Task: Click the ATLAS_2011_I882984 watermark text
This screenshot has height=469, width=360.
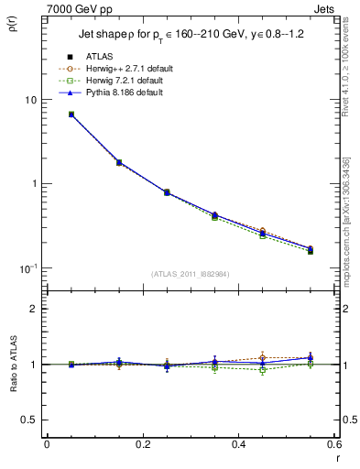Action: point(190,274)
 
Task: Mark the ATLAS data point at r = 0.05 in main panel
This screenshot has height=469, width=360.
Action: point(71,115)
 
